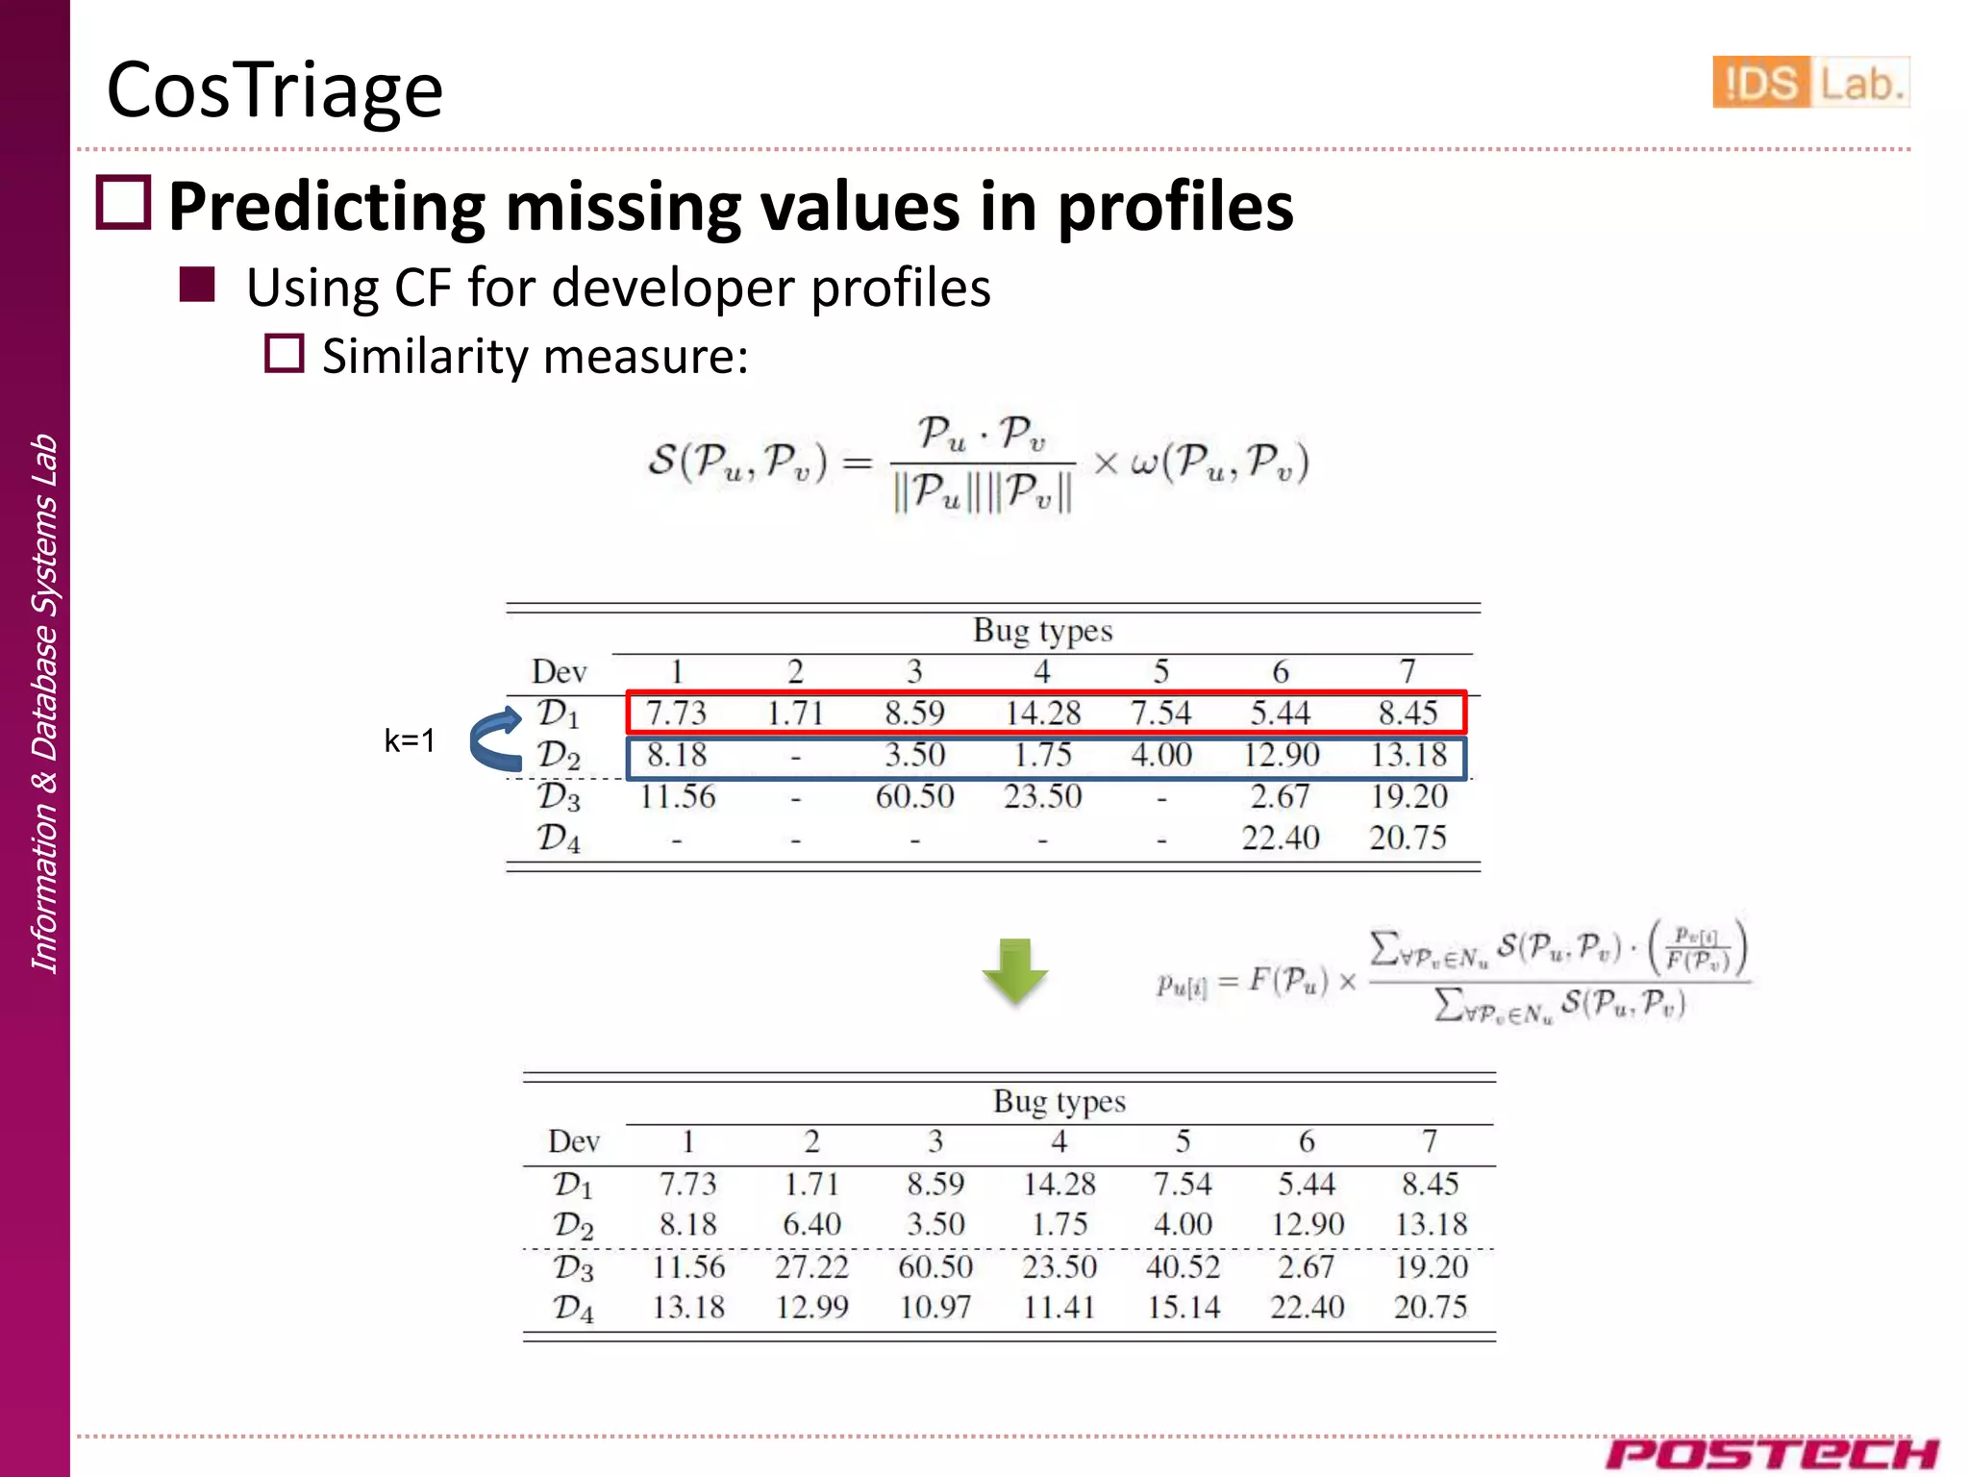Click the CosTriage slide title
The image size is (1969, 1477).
tap(274, 89)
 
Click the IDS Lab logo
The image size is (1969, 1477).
tap(1809, 83)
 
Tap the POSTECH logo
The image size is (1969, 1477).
tap(1771, 1453)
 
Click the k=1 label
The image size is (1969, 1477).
tap(410, 740)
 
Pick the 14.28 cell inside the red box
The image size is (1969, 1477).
tap(1042, 713)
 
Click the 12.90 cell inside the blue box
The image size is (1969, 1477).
tap(1281, 755)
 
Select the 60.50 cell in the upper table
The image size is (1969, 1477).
tap(914, 796)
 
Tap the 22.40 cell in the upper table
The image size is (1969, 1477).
tap(1281, 838)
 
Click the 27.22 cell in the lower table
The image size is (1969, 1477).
tap(811, 1266)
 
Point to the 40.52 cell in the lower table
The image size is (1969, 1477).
tap(1183, 1266)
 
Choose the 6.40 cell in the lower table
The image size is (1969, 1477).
tap(811, 1224)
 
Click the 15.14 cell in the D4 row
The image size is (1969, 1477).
tap(1183, 1308)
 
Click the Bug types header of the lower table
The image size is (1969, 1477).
tap(1059, 1101)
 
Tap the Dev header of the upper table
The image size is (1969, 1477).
tap(559, 671)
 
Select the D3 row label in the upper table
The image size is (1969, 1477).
tap(559, 797)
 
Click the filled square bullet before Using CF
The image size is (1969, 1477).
tap(197, 286)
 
